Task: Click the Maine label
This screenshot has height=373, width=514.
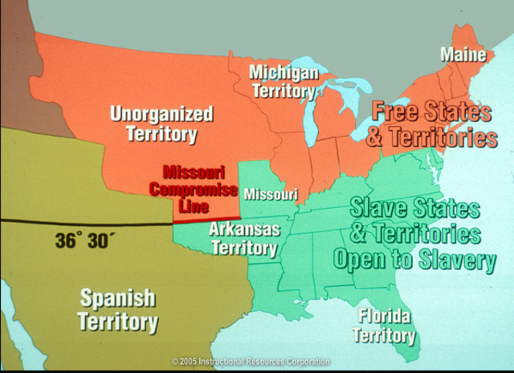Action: (463, 55)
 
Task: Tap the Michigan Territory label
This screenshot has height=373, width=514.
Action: (284, 81)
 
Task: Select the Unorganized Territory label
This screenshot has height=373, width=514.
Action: (161, 123)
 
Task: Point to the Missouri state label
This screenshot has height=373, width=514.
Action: (271, 195)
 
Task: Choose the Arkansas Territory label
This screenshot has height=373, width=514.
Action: (244, 239)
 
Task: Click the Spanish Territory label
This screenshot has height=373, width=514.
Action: (118, 309)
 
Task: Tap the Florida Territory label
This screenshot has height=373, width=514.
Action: (385, 325)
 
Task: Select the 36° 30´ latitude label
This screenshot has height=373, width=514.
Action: (86, 240)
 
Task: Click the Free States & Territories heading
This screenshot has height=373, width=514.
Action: (431, 124)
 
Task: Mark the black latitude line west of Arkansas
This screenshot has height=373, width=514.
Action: (80, 222)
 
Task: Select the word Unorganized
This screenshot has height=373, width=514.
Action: (161, 113)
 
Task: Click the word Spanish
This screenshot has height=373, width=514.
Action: (118, 298)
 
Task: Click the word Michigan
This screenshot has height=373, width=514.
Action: (284, 72)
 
